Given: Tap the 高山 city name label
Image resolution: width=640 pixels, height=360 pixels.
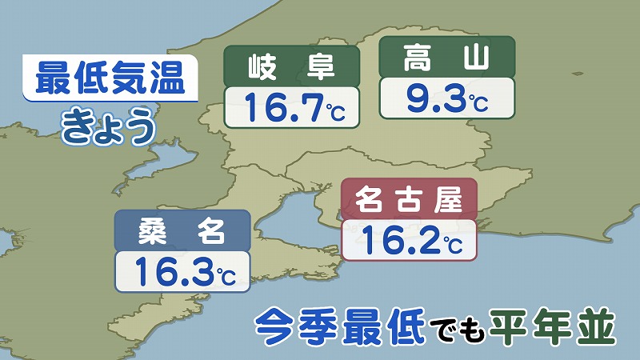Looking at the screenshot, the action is (x=447, y=58).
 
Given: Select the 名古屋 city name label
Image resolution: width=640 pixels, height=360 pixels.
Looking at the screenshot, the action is (x=409, y=200).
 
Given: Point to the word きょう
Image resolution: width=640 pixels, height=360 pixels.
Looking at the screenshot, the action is (x=107, y=128).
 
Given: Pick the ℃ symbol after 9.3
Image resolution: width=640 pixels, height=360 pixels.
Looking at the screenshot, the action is (x=478, y=103).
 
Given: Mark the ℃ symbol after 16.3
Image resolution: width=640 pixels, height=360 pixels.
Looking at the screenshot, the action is (x=225, y=276).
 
